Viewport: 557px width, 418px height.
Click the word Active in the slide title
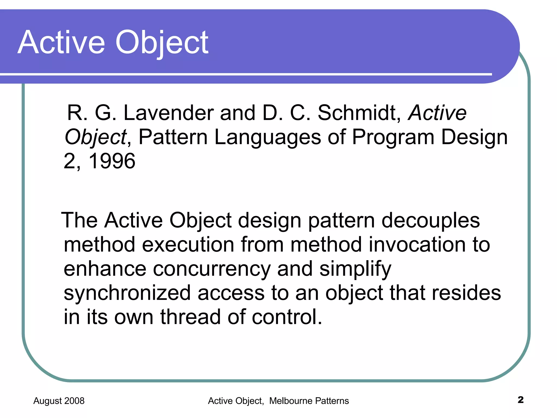tap(61, 43)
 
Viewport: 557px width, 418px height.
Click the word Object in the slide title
tap(162, 43)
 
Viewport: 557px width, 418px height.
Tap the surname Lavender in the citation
tap(168, 113)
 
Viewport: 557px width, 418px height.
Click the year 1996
tap(112, 161)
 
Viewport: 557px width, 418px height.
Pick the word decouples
tap(431, 220)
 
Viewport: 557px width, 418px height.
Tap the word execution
tap(188, 244)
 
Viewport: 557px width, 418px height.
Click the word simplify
tap(355, 269)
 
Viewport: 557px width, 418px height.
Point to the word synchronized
tap(127, 293)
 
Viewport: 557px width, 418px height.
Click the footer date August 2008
tap(59, 401)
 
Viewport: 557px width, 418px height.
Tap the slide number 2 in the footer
tap(521, 400)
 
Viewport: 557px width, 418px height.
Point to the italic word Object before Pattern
tap(95, 137)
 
